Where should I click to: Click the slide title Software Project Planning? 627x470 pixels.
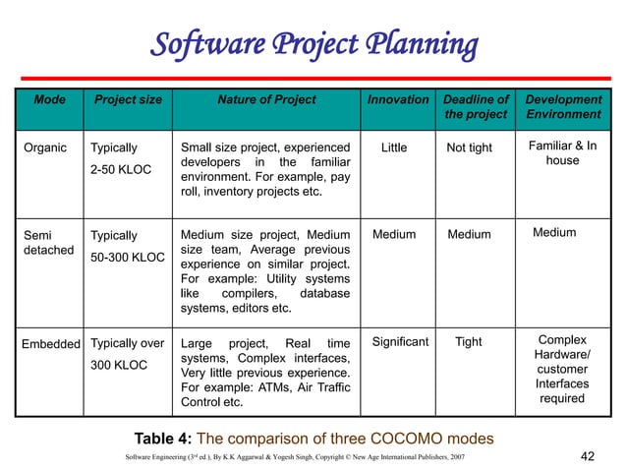click(x=313, y=45)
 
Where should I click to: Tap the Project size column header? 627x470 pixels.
click(x=128, y=99)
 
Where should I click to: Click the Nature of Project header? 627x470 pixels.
click(x=266, y=99)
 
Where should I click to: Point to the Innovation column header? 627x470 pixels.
click(x=398, y=99)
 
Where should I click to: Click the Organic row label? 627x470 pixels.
click(x=44, y=148)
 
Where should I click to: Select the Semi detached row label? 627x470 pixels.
click(x=48, y=242)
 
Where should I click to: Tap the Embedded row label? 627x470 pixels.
click(x=50, y=343)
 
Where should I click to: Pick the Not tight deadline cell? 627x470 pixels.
click(x=469, y=148)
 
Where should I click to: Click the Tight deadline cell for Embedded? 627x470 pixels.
click(x=469, y=342)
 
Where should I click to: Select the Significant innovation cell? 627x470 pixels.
click(x=400, y=342)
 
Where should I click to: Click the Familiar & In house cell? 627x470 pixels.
click(x=562, y=153)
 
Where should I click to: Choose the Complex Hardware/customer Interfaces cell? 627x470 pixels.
click(x=562, y=370)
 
